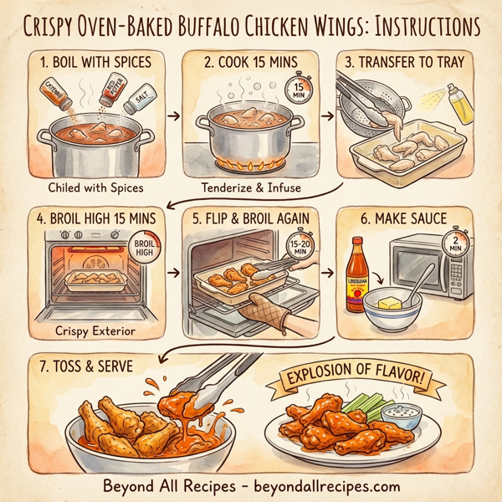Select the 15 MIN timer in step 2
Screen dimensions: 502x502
[x=296, y=90]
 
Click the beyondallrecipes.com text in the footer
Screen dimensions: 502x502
[x=328, y=485]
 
